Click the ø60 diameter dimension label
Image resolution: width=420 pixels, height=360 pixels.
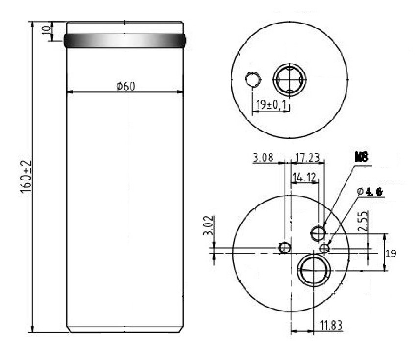click(125, 86)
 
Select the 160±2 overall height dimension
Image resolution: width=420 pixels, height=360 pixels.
click(26, 177)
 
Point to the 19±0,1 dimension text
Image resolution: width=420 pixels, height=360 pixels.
click(271, 104)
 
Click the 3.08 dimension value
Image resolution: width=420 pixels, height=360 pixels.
click(263, 157)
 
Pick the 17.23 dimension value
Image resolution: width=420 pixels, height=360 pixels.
click(307, 157)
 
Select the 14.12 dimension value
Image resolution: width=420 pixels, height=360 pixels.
click(304, 177)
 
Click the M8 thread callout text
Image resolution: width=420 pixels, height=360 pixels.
click(361, 157)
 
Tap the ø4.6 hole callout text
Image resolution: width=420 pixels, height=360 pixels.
click(370, 191)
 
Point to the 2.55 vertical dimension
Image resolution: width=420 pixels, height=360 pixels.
click(362, 221)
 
